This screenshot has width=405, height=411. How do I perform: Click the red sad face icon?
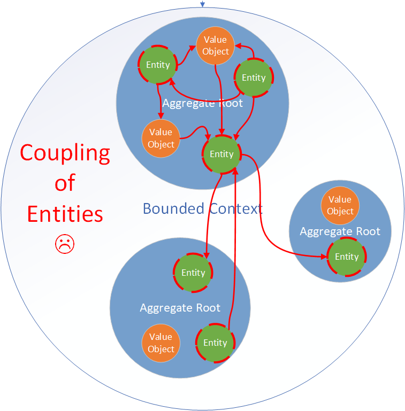(65, 244)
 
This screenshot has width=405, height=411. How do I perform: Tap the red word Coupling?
(65, 153)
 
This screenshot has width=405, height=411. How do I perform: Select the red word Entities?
(65, 214)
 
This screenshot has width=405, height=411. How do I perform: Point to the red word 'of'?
(65, 182)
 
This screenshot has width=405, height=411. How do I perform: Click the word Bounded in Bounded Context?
(173, 208)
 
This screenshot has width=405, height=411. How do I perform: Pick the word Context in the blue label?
(235, 208)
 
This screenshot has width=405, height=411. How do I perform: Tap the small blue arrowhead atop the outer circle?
(202, 4)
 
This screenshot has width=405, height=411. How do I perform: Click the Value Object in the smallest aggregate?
(340, 205)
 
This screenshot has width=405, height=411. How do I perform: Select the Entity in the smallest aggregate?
(347, 257)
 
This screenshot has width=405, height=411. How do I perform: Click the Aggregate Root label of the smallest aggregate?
(340, 231)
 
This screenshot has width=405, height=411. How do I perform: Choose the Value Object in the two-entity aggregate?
(161, 343)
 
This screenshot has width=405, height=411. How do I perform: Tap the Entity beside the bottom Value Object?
(215, 343)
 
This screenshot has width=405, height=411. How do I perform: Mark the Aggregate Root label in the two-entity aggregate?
(180, 308)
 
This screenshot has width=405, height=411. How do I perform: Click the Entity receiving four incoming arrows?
(221, 154)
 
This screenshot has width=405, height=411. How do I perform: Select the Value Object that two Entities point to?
(215, 45)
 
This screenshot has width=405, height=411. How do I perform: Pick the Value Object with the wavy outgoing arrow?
(161, 138)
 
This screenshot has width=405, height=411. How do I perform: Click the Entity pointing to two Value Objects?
(158, 65)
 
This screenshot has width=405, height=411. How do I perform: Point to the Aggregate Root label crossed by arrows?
(202, 103)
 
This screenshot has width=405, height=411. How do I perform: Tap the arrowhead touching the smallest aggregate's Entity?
(324, 257)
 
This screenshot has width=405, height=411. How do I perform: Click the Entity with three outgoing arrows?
(254, 77)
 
